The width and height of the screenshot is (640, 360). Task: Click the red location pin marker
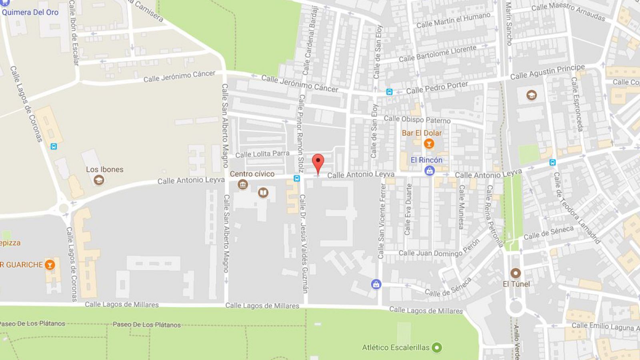[318, 162]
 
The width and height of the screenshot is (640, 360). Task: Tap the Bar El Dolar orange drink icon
[429, 144]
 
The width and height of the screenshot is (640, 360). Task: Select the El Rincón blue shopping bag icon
[429, 171]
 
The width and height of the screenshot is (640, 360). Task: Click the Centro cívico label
[252, 174]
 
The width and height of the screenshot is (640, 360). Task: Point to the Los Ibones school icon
[99, 180]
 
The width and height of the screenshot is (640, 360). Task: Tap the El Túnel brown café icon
[516, 274]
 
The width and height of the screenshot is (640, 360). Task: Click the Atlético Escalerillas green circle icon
[437, 348]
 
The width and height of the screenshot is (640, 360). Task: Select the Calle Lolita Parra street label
[262, 154]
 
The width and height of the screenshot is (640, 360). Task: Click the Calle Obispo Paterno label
[417, 119]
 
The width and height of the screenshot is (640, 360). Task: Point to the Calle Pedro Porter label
[437, 88]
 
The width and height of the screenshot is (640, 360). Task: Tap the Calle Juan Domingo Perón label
[439, 250]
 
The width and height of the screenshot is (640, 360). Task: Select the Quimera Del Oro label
[30, 12]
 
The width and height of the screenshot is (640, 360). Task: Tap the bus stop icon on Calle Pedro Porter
[389, 92]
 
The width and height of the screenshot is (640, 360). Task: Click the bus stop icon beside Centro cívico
[296, 178]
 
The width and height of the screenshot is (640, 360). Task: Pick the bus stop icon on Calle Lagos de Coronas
[54, 146]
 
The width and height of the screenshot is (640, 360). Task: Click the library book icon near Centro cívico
[263, 193]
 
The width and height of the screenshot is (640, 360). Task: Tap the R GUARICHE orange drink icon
[50, 264]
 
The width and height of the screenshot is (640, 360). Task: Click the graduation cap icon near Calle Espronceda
[531, 95]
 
